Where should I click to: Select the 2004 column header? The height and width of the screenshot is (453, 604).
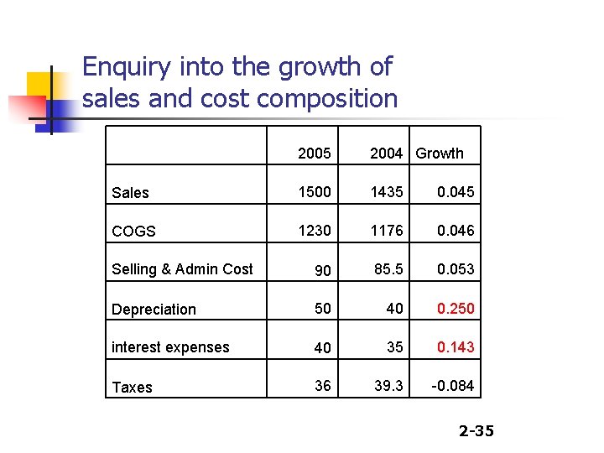point(387,153)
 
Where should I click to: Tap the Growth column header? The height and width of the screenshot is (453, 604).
point(440,153)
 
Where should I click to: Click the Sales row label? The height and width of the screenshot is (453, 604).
point(130,192)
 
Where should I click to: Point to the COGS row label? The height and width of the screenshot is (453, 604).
point(133,231)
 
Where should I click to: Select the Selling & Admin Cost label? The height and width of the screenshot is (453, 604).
point(182,268)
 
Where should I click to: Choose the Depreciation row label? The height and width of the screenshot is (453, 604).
point(154,309)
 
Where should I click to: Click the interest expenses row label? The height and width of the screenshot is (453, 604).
point(170,346)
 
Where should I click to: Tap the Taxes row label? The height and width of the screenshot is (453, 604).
point(133,387)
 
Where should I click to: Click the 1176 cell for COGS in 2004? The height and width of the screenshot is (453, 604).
point(387,230)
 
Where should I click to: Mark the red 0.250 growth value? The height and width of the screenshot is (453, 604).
point(455,309)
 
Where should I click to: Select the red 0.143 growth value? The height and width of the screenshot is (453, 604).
point(455,346)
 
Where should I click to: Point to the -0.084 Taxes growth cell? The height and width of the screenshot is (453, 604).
point(452,386)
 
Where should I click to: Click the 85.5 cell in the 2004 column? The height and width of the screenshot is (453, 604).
point(388,268)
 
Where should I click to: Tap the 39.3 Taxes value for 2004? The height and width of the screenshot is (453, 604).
point(388,386)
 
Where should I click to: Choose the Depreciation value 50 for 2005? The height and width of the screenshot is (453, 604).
point(323,309)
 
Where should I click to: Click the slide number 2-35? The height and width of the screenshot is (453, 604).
point(476,431)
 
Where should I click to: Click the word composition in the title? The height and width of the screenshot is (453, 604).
point(327,98)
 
